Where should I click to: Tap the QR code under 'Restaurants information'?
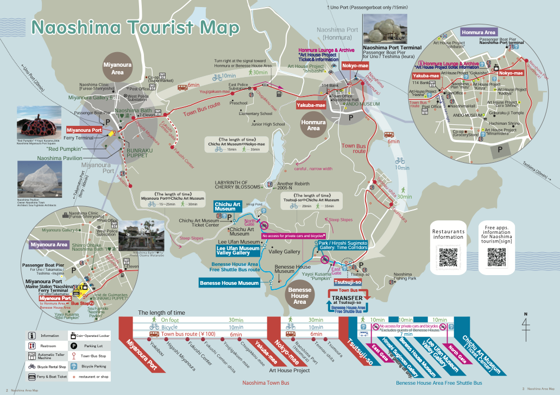(449, 257)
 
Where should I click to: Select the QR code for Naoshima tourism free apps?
(497, 257)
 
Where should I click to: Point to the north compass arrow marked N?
(525, 326)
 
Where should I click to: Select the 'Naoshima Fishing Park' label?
(405, 277)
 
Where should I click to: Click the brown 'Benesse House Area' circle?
(299, 296)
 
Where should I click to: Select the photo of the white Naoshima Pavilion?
(39, 179)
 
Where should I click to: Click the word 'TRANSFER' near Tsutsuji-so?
(348, 298)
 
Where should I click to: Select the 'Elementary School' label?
(255, 113)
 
